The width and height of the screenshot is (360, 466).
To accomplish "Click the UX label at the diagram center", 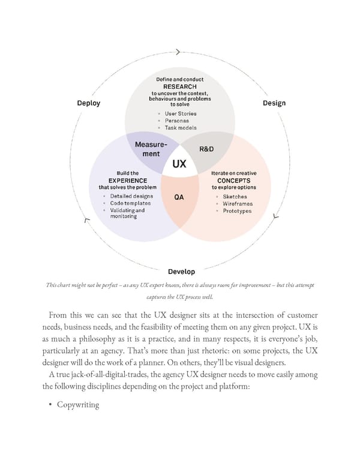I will point(179,164).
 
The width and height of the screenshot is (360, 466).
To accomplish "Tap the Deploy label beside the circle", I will point(89,103).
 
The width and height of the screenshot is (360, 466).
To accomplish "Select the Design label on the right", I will point(274,103).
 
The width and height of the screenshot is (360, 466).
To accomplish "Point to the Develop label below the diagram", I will point(181,271).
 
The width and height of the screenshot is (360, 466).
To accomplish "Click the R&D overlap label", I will point(206,148).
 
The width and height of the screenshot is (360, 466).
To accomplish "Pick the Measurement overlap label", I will point(151,150).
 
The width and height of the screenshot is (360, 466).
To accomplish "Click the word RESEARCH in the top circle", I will point(180,86).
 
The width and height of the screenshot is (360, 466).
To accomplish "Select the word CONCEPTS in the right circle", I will point(234,180).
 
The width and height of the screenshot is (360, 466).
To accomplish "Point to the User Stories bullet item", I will point(181,113).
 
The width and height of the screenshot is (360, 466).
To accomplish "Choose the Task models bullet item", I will point(181,128).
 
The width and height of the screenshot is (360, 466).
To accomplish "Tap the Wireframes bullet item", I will point(238,204).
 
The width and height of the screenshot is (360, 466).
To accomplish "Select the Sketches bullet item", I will point(235,197).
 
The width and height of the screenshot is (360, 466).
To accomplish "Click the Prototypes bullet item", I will point(237,211).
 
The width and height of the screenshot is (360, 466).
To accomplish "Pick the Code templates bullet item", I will point(130,204).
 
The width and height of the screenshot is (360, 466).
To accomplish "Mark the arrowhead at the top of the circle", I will point(178,52).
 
